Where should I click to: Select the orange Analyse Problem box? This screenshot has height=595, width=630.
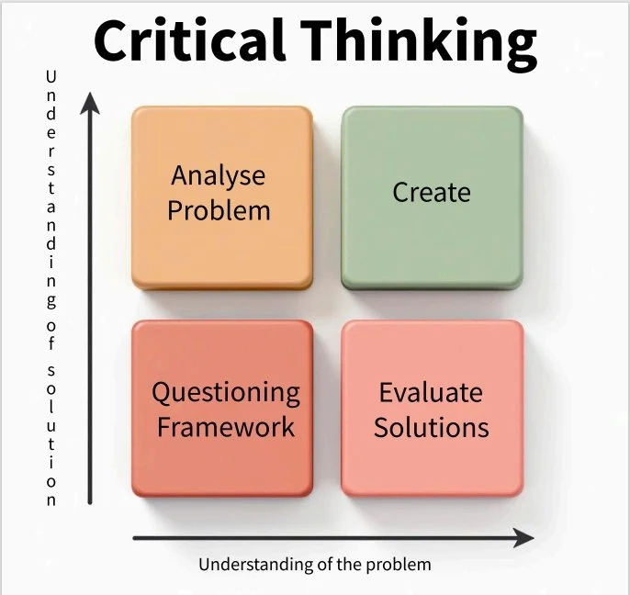coord(221,196)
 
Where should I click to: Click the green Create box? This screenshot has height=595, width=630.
coord(432,196)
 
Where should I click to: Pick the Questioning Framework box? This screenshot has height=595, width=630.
coord(221,408)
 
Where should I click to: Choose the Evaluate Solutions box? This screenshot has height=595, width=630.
coord(432,408)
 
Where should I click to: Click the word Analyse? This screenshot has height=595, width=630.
coord(219,175)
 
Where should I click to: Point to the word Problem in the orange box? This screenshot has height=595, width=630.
coord(219,210)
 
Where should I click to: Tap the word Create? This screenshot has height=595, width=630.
coord(432,193)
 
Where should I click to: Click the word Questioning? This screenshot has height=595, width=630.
coord(226,394)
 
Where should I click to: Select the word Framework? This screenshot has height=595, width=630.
coord(226,427)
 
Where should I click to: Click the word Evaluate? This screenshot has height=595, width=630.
coord(431,393)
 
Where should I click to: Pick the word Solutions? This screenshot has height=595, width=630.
coord(431,427)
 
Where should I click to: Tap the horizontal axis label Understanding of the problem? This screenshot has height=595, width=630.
coord(314,564)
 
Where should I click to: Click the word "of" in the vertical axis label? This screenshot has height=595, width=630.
coord(51,333)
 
